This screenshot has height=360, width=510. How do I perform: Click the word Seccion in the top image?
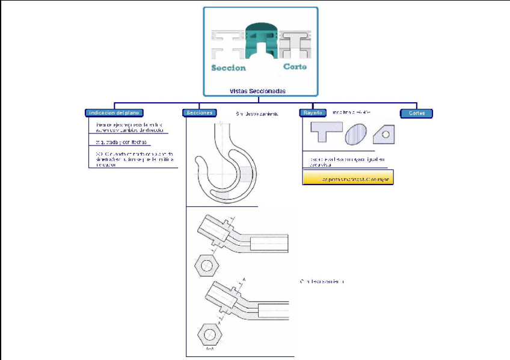[228, 67]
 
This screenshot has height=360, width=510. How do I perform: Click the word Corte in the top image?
[295, 66]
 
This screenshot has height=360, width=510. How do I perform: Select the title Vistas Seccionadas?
[257, 91]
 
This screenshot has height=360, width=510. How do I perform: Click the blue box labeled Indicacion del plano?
[114, 112]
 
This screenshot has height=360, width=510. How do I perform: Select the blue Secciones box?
[200, 112]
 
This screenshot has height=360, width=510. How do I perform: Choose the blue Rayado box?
[313, 112]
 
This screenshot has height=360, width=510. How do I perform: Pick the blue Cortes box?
[417, 113]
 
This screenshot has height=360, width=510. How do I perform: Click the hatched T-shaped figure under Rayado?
[325, 131]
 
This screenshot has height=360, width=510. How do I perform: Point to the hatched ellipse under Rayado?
[355, 133]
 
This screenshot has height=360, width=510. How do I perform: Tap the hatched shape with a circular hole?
[383, 133]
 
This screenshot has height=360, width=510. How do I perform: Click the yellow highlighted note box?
[348, 179]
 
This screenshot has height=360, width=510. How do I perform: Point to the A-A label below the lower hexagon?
[210, 349]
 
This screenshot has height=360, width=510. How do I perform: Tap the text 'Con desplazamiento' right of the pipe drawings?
[322, 281]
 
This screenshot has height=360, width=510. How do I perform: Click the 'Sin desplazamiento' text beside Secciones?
[257, 113]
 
